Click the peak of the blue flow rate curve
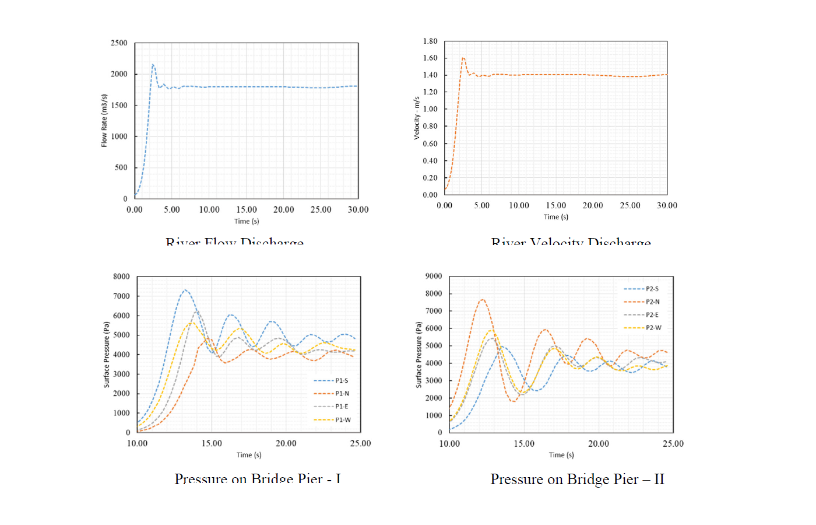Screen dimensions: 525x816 (x=153, y=65)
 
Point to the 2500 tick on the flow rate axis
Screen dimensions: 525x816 (x=119, y=43)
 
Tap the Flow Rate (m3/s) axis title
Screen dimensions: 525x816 (x=104, y=121)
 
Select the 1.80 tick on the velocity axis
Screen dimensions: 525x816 (x=430, y=41)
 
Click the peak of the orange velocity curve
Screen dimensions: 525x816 (x=463, y=58)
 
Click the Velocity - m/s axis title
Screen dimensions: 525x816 (x=417, y=118)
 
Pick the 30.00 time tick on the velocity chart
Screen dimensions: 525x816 (x=667, y=205)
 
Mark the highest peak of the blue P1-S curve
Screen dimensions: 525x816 (x=185, y=290)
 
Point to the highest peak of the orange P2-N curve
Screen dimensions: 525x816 (x=482, y=300)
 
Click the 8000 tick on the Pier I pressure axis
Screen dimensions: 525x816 (x=121, y=276)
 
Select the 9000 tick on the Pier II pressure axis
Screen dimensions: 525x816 (x=434, y=276)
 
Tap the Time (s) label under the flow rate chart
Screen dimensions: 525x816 (x=247, y=221)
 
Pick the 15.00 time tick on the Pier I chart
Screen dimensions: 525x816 (x=212, y=443)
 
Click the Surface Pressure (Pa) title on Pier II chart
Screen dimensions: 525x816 (x=418, y=355)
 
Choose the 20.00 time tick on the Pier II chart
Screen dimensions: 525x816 (x=599, y=443)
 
